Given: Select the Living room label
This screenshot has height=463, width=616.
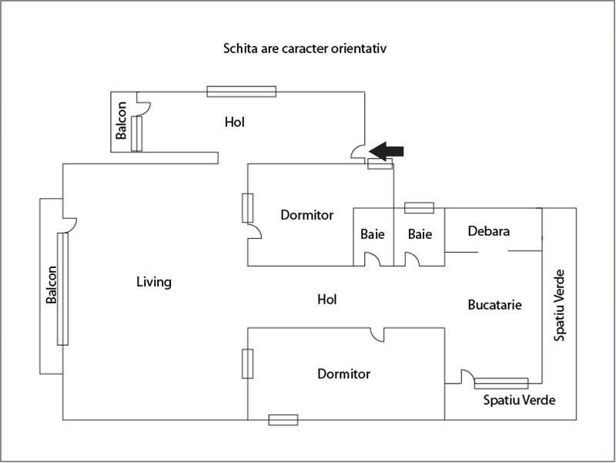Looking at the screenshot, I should click(153, 282).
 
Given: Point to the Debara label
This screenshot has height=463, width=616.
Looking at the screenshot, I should click(489, 230).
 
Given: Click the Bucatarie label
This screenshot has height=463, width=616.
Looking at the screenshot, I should click(495, 305).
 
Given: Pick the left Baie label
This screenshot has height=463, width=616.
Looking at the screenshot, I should click(373, 233).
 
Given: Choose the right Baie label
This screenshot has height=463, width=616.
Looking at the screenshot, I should click(420, 233).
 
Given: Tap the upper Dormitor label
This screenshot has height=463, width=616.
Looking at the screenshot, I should click(306, 215).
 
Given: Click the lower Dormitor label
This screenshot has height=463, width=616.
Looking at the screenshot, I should click(343, 374).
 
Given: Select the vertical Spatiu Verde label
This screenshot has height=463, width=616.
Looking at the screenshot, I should click(561, 305).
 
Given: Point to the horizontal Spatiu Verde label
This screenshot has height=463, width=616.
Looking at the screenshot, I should click(519, 401).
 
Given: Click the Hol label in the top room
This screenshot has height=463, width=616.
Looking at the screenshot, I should click(236, 122).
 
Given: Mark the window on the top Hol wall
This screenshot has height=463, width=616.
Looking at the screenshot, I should click(241, 92).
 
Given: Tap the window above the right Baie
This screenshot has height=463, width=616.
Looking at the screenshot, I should click(419, 208).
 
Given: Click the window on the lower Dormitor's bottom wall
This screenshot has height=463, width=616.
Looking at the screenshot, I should click(283, 420).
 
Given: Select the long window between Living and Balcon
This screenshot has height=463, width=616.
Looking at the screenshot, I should click(62, 290).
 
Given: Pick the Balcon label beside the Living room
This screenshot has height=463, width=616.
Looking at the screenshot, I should click(52, 285).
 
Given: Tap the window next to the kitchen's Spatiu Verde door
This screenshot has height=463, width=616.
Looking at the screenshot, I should click(501, 383).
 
